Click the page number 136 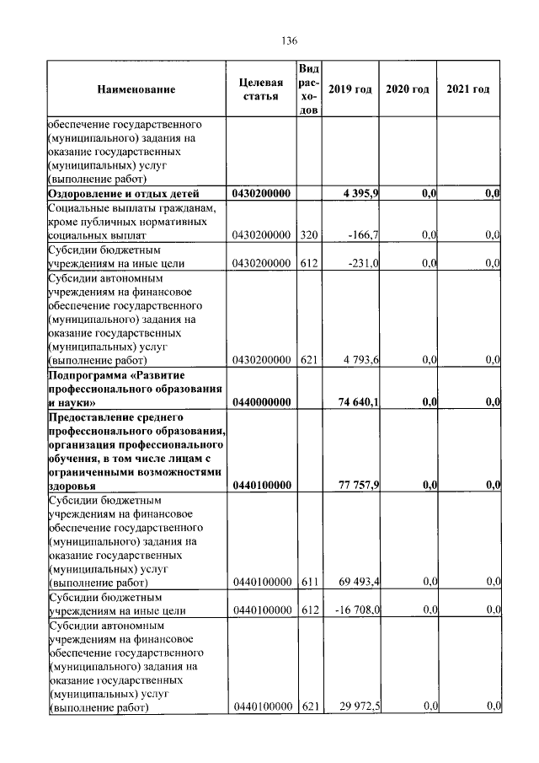point(291,41)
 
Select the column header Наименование point(136,89)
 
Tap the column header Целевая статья point(261,89)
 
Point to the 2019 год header point(350,89)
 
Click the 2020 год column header point(408,89)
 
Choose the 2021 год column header point(468,89)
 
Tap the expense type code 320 point(308,235)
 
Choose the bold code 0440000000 point(261,402)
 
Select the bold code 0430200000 point(261,194)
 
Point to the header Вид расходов point(308,89)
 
